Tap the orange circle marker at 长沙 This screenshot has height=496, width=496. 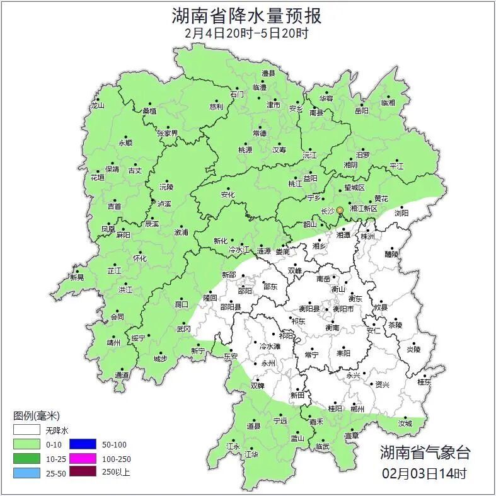point(340,210)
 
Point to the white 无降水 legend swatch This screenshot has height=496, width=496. point(27,431)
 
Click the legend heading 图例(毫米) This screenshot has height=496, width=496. point(37,416)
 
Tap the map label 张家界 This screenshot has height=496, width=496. point(168,134)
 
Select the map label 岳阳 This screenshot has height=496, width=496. point(361,111)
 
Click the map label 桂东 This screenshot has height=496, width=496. point(424,382)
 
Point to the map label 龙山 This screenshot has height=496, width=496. point(97,106)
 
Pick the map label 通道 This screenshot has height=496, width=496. point(122,376)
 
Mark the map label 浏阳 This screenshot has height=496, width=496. point(401,213)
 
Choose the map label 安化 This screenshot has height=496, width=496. point(228,195)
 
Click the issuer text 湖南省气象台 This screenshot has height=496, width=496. point(425,452)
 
